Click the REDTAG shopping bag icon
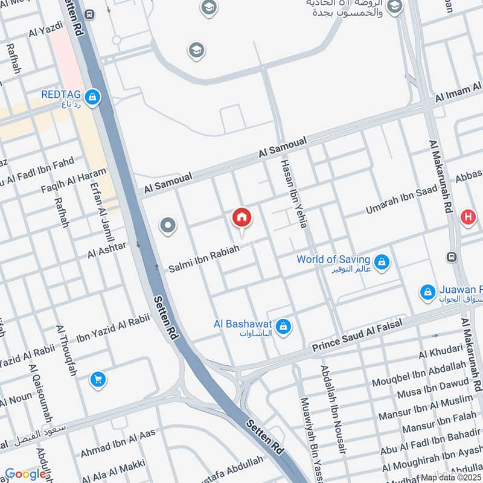tap(92, 97)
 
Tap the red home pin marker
tap(242, 217)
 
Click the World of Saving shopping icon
tap(382, 263)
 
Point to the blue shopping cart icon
tap(97, 380)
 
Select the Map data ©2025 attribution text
tap(451, 477)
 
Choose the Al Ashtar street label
tap(107, 249)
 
